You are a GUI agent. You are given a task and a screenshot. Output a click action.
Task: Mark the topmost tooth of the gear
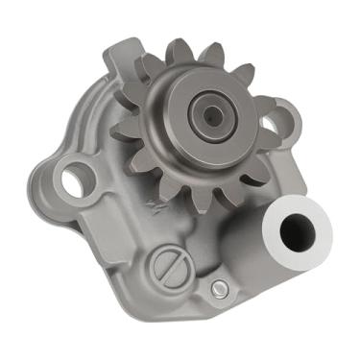tap(181, 46)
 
